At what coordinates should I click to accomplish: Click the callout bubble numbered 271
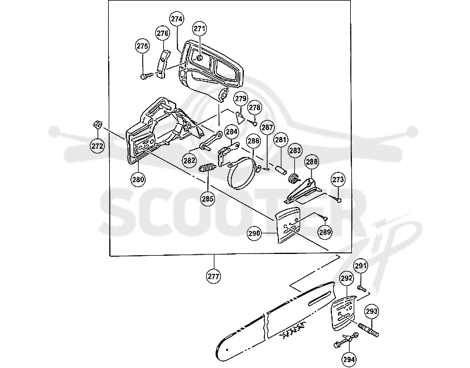(x=199, y=29)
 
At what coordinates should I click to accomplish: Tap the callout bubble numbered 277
(x=214, y=276)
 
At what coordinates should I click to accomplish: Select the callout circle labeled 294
(x=349, y=359)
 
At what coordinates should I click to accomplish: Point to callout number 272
(x=98, y=146)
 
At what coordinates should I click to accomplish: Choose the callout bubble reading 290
(x=254, y=233)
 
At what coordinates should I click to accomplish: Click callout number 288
(x=312, y=162)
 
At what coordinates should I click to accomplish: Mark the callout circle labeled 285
(x=208, y=199)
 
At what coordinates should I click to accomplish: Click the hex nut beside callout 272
(x=97, y=124)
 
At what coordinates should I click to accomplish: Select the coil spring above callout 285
(x=207, y=168)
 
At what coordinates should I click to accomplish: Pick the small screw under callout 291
(x=362, y=289)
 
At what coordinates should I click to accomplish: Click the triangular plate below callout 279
(x=240, y=117)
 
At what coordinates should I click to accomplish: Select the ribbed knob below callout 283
(x=294, y=178)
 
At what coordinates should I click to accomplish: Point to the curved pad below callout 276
(x=163, y=64)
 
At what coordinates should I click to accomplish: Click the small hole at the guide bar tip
(x=227, y=349)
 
